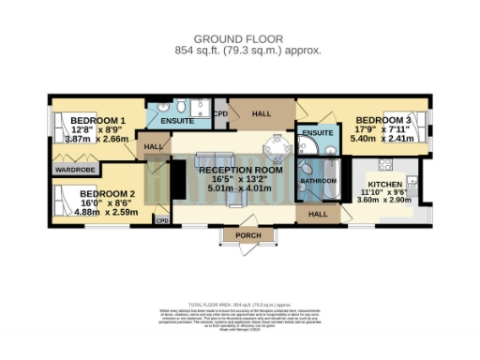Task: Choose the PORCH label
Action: click(x=247, y=234)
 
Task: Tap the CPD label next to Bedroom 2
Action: click(x=161, y=220)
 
